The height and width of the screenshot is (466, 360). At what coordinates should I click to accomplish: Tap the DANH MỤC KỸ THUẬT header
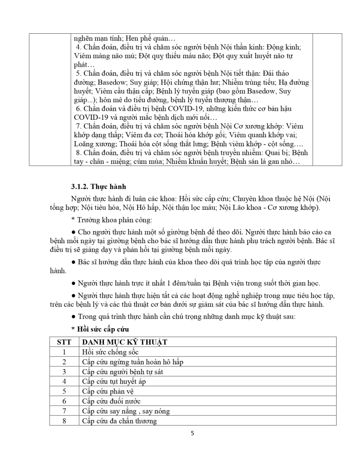click(x=125, y=342)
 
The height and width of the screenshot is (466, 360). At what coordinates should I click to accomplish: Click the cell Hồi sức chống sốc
click(x=110, y=352)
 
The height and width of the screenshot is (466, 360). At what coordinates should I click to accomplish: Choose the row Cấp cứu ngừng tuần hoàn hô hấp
click(x=132, y=362)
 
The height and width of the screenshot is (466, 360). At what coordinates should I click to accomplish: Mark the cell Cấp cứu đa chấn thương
click(x=119, y=421)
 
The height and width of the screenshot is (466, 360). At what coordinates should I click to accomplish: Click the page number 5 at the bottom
click(x=193, y=434)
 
